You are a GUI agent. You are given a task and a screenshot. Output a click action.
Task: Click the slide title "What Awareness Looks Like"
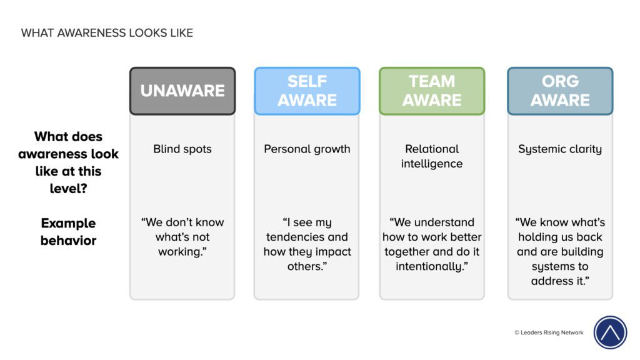(107, 33)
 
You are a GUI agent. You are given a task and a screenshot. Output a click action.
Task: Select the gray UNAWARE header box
(182, 91)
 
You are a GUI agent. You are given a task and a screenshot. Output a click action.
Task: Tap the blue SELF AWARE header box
(307, 91)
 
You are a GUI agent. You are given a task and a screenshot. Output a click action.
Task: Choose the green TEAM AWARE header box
(432, 91)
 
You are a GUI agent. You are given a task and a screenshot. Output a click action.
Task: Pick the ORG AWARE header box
(560, 91)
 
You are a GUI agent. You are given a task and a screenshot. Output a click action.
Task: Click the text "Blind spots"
(182, 149)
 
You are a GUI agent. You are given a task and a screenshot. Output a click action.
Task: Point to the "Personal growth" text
(307, 149)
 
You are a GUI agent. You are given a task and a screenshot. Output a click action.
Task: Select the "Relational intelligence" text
(432, 156)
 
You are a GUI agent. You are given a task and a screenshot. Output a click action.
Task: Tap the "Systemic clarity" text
(560, 149)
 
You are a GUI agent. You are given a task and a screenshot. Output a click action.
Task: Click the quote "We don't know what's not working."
(182, 237)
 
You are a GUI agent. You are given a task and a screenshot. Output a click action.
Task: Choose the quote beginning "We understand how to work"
(432, 244)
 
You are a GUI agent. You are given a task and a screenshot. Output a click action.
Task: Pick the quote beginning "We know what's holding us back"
(560, 251)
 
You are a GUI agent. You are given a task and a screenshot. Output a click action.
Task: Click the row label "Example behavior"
(68, 231)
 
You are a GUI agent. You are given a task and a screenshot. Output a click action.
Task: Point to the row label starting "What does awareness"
(68, 162)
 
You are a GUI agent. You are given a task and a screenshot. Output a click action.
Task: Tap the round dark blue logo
(610, 332)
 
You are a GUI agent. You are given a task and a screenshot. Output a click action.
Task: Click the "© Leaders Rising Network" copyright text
(549, 332)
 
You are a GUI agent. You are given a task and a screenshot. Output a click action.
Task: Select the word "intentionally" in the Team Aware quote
(430, 267)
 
